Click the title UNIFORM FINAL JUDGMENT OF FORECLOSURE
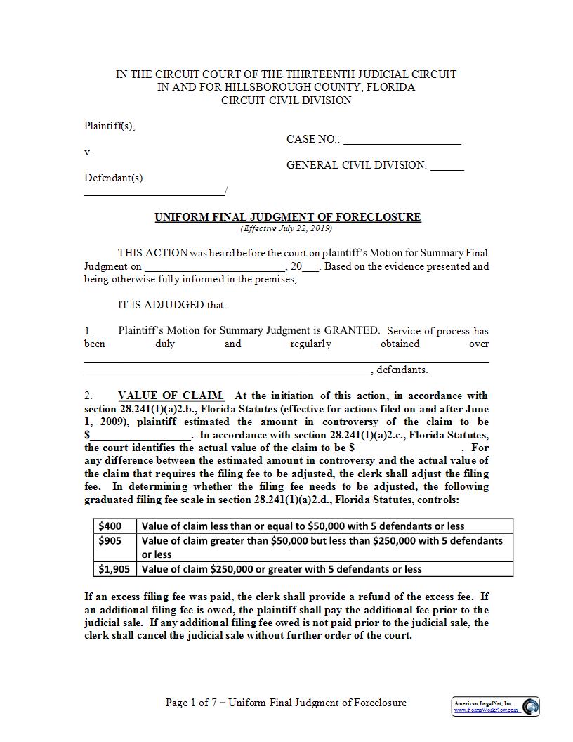tap(288, 217)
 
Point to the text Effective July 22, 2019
tap(286, 228)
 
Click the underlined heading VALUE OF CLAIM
tap(171, 396)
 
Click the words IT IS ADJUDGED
tap(173, 305)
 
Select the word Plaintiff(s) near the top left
tap(110, 126)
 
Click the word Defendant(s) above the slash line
tap(114, 178)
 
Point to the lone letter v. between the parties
tap(88, 152)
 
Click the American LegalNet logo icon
tap(531, 705)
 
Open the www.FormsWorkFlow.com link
tap(486, 710)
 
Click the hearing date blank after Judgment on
tap(214, 268)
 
